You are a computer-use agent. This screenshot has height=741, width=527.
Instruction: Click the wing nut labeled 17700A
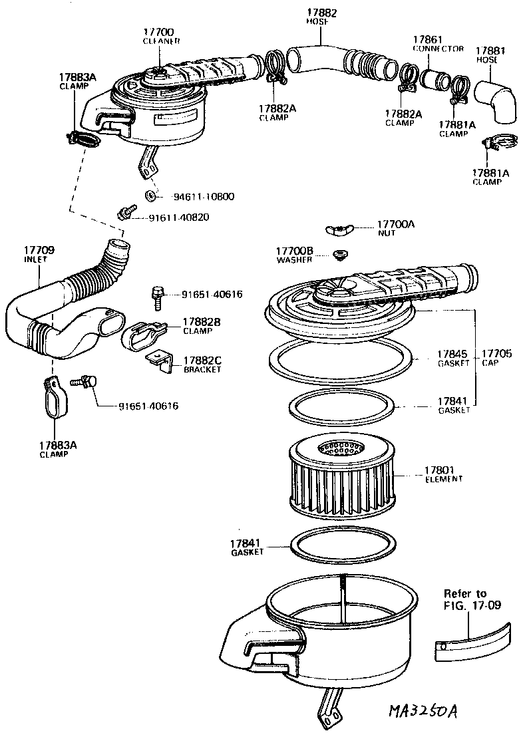[339, 230]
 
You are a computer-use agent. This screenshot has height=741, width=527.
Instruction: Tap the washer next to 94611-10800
[150, 195]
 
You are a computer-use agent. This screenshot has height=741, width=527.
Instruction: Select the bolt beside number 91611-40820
[123, 214]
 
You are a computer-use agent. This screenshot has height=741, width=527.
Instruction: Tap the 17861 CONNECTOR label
[437, 44]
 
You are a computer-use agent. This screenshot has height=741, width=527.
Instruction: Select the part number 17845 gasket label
[452, 358]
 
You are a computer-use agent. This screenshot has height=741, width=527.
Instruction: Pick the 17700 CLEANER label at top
[158, 36]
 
